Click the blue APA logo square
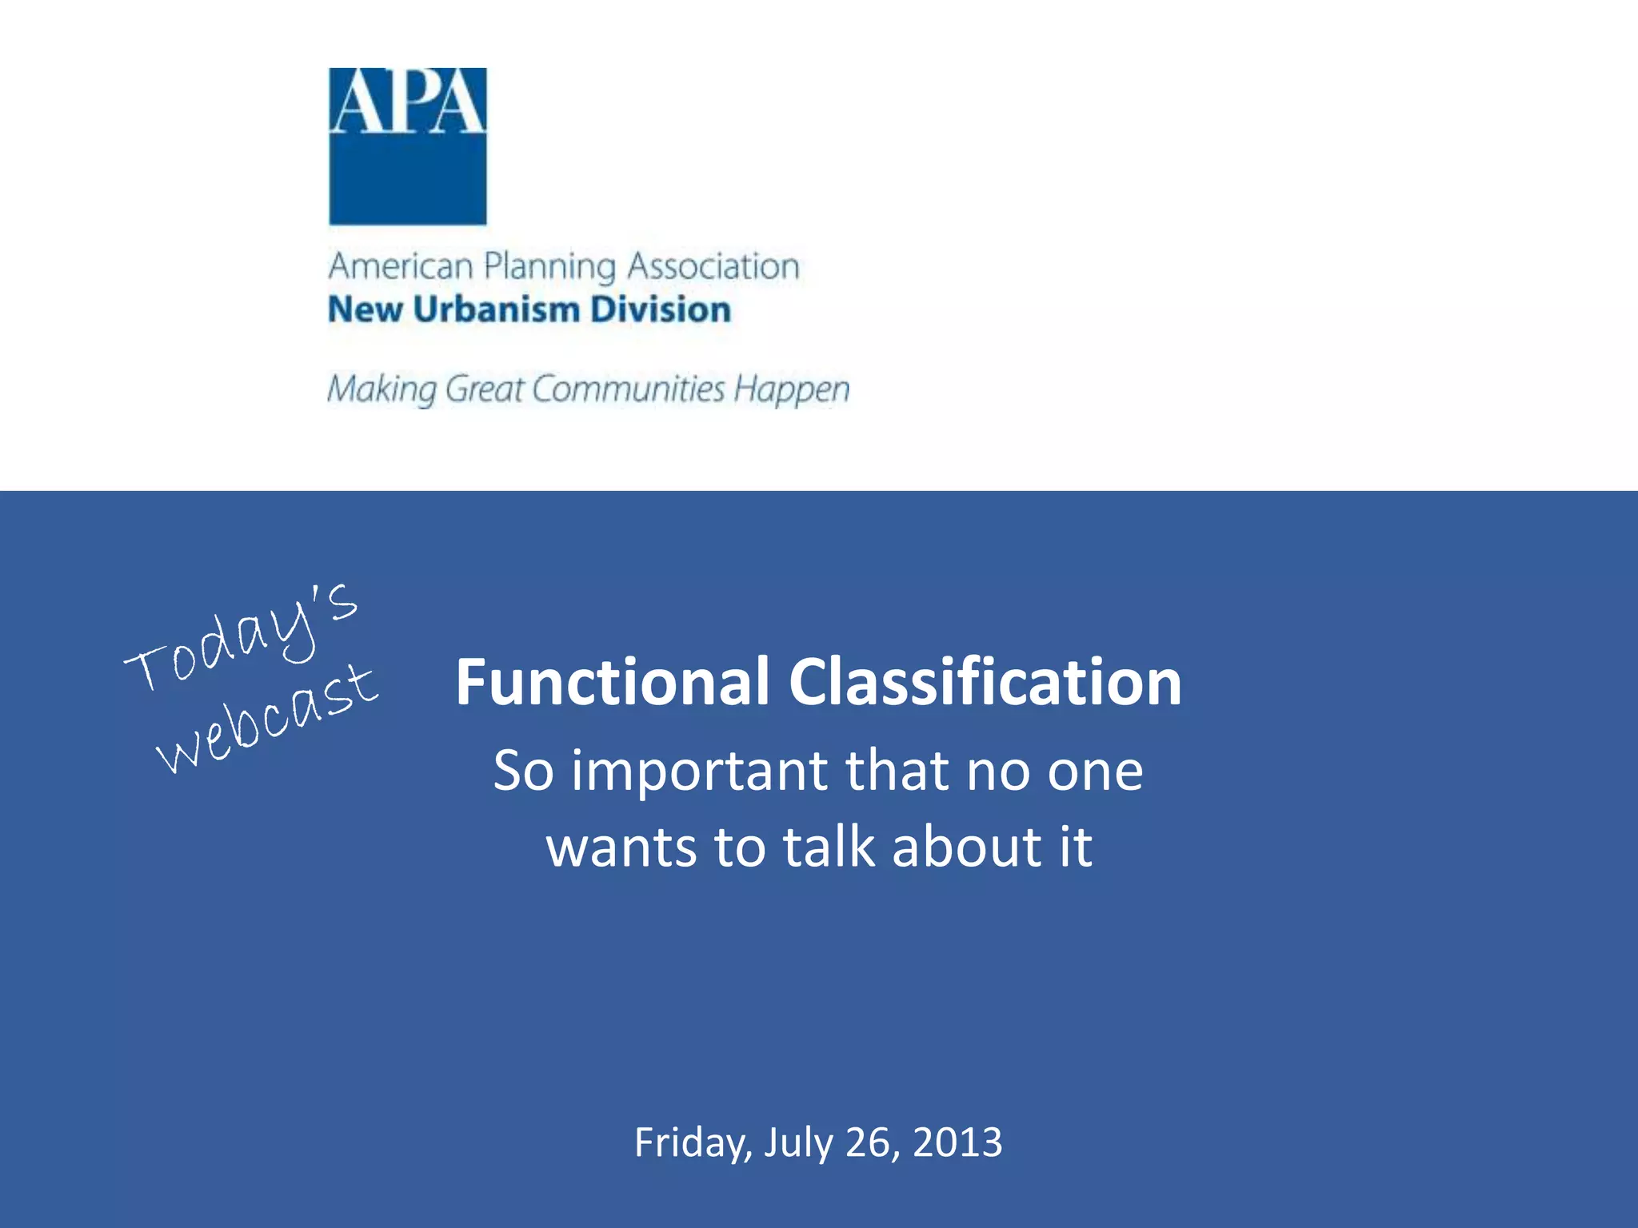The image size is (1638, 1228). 408,146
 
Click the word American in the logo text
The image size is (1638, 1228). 401,266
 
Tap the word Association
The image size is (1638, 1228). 713,266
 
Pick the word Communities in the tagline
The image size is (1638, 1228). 628,389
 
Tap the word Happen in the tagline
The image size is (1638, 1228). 792,390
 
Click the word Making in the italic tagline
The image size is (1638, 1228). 382,389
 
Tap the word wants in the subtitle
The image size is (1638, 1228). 621,847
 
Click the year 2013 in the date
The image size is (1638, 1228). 957,1142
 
